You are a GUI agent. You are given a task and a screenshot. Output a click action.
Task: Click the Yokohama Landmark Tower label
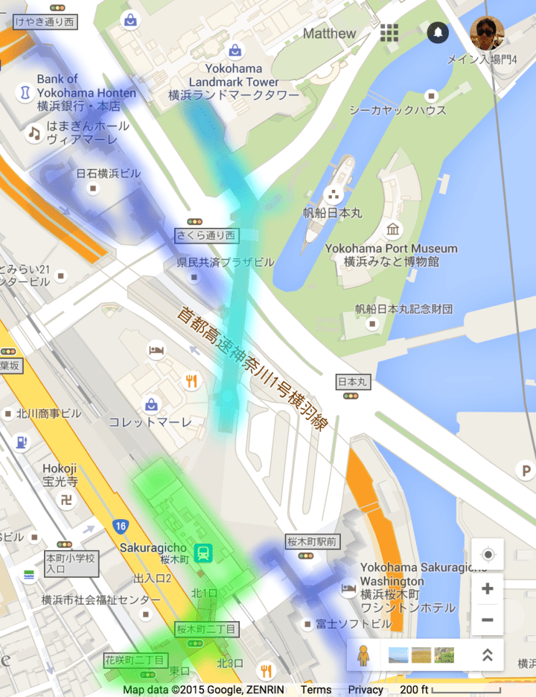pyautogui.click(x=234, y=75)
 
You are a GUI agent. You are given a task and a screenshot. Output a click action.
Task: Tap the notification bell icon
pyautogui.click(x=437, y=33)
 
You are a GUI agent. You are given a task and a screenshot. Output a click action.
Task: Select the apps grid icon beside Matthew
pyautogui.click(x=389, y=33)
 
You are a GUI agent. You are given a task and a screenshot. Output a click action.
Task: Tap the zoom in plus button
pyautogui.click(x=488, y=588)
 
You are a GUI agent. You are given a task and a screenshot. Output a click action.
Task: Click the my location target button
pyautogui.click(x=488, y=555)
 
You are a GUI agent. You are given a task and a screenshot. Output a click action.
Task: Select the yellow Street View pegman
pyautogui.click(x=363, y=655)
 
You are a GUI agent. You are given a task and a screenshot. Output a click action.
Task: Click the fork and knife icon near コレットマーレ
pyautogui.click(x=192, y=382)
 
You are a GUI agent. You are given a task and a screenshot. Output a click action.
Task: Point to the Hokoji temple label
pyautogui.click(x=60, y=474)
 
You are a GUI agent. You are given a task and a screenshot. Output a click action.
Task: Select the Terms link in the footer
pyautogui.click(x=316, y=690)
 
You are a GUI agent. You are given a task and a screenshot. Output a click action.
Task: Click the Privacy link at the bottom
pyautogui.click(x=366, y=690)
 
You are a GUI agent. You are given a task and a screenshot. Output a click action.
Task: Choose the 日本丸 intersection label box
pyautogui.click(x=353, y=381)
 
